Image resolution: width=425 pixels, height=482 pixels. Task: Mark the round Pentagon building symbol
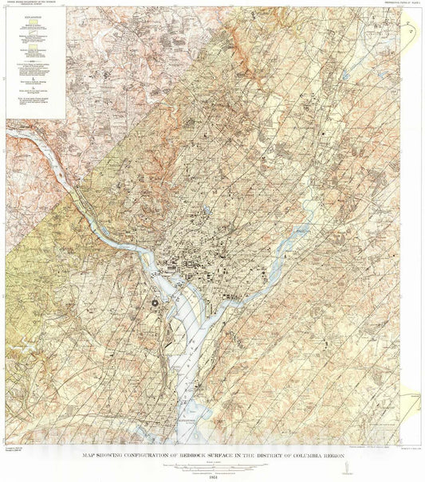click(156, 302)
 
